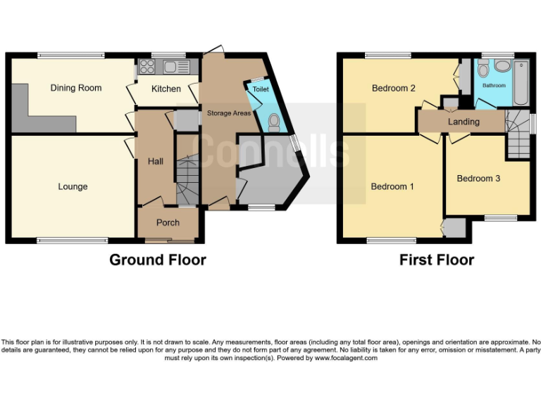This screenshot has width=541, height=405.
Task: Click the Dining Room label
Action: (75, 88)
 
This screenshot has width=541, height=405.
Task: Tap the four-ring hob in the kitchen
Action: (148, 67)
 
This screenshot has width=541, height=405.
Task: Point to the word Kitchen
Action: (166, 89)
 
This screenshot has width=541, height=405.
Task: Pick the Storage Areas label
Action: (229, 112)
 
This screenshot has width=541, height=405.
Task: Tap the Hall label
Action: (155, 162)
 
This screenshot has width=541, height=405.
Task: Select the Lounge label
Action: (73, 186)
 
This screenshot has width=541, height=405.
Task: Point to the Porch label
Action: (168, 223)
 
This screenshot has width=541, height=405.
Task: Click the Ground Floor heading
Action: (157, 260)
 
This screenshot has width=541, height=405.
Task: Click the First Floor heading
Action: (437, 260)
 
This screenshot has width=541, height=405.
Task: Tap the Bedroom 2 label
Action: (393, 88)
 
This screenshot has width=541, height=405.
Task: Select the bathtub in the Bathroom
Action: (521, 82)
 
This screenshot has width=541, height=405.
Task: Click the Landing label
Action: (464, 122)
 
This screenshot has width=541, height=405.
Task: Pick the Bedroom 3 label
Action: (478, 179)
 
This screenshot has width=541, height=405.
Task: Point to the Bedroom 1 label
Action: (392, 186)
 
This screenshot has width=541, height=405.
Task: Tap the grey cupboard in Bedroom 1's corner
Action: (455, 228)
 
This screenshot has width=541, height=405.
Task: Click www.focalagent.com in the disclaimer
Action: (346, 358)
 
